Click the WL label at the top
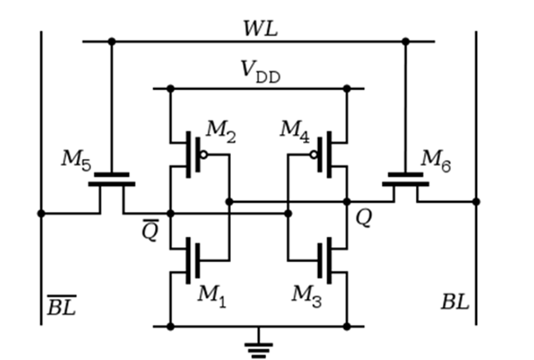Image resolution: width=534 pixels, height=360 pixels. [260, 28]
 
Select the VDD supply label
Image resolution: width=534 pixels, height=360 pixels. [260, 72]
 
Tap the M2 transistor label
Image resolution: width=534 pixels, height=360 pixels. [221, 131]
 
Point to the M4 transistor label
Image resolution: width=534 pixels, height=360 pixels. [295, 131]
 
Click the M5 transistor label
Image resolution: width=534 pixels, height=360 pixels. [76, 160]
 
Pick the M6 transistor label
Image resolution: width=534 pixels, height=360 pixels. [436, 161]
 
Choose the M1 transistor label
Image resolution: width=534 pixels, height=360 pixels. [212, 296]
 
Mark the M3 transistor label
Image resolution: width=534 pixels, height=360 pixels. [306, 296]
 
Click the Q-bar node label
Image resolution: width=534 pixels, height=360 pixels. [150, 230]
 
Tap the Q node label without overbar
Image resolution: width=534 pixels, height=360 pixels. [364, 218]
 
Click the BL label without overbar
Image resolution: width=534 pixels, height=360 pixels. [455, 301]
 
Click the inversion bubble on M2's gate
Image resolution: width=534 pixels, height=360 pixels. [203, 155]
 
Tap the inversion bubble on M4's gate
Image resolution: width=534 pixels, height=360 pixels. [314, 155]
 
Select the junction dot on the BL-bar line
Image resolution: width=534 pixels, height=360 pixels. [41, 213]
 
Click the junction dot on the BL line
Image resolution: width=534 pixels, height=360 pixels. [476, 202]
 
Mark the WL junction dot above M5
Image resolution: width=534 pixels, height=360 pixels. [111, 42]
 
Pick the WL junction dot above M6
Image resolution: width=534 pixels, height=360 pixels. [405, 42]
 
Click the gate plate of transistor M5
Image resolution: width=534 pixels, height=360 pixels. [111, 175]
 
